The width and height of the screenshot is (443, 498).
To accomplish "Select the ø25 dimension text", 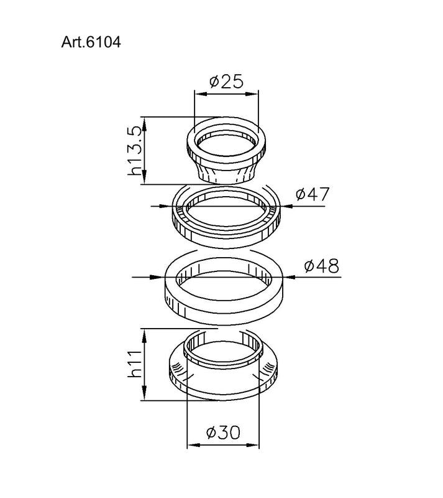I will pyautogui.click(x=226, y=82).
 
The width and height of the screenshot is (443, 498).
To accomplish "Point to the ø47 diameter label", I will pyautogui.click(x=312, y=194).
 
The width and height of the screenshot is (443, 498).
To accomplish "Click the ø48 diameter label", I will pyautogui.click(x=321, y=266).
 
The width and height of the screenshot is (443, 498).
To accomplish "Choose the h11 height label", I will pyautogui.click(x=135, y=365).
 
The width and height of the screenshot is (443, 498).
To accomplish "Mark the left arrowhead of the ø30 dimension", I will pyautogui.click(x=191, y=445).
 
